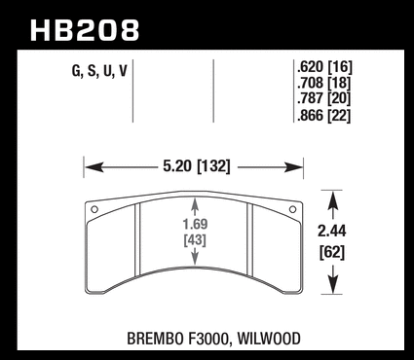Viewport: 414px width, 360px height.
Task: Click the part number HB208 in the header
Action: pyautogui.click(x=85, y=30)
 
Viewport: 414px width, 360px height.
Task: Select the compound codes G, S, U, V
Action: pyautogui.click(x=99, y=71)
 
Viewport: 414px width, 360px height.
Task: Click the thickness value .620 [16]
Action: pyautogui.click(x=324, y=67)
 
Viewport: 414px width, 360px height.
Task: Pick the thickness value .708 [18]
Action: pyautogui.click(x=324, y=83)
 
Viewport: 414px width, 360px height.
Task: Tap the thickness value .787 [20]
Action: pyautogui.click(x=324, y=98)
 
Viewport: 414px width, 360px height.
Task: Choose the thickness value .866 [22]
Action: pyautogui.click(x=324, y=116)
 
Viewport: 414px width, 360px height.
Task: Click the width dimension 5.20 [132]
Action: pyautogui.click(x=197, y=166)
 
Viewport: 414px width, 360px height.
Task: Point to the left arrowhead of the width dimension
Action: pyautogui.click(x=94, y=167)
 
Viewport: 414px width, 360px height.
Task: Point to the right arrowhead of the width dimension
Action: pyautogui.click(x=293, y=167)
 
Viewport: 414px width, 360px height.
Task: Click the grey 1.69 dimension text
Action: pyautogui.click(x=195, y=224)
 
